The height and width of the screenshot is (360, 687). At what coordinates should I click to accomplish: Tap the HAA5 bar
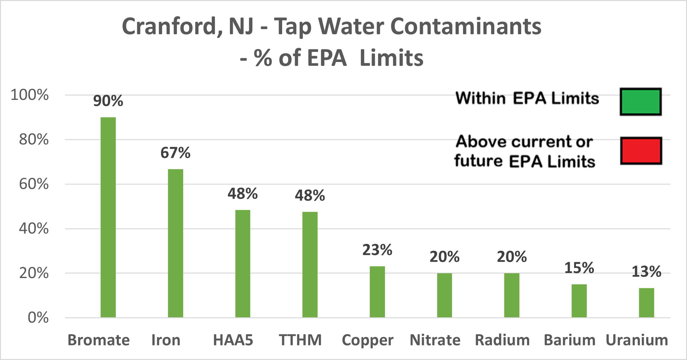click(x=243, y=264)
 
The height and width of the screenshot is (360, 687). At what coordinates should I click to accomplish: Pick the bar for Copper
click(x=377, y=292)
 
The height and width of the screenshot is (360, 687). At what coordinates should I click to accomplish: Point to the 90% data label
click(x=108, y=101)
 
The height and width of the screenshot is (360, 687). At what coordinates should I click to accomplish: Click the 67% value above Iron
click(x=175, y=153)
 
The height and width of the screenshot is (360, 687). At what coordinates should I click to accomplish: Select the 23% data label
click(x=377, y=250)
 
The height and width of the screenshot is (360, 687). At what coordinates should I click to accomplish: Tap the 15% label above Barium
click(x=579, y=268)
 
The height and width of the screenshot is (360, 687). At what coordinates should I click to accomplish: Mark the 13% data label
click(x=646, y=272)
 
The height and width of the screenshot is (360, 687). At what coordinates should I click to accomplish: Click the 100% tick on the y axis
click(x=30, y=95)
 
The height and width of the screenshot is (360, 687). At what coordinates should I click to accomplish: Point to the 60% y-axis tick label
click(x=34, y=184)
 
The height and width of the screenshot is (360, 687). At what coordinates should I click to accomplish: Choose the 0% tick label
click(x=38, y=318)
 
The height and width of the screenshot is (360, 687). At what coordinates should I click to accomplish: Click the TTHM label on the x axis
click(x=300, y=340)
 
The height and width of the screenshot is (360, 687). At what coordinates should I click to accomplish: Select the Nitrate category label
click(x=435, y=340)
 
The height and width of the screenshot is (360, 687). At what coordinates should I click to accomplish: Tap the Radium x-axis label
click(x=502, y=340)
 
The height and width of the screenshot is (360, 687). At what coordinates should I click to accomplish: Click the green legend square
click(x=641, y=102)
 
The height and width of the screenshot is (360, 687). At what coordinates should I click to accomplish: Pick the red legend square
click(x=641, y=151)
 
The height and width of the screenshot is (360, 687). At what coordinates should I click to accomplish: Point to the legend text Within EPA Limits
click(x=527, y=98)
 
